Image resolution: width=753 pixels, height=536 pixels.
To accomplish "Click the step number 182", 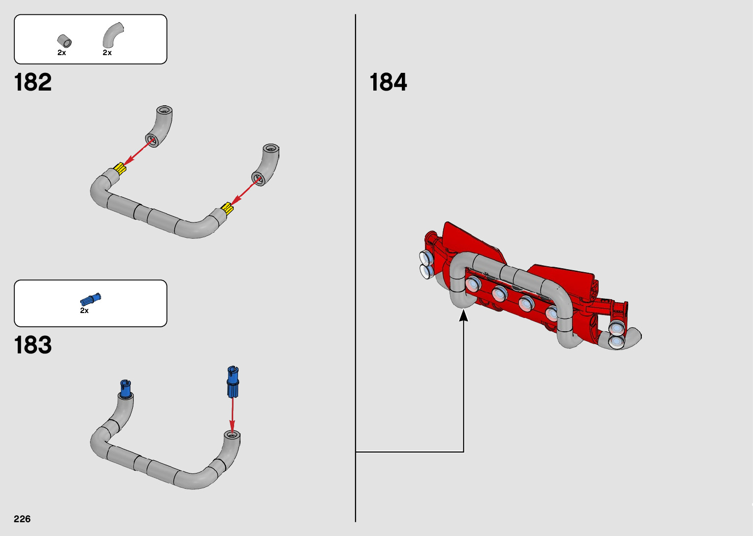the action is coord(33,82).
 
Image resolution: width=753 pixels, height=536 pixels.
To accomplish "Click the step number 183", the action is coord(33,345).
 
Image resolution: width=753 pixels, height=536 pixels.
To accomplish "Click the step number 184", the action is coord(388,82).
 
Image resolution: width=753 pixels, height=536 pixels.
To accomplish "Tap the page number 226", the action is coord(22,519).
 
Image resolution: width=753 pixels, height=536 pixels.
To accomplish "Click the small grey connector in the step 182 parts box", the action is coord(64,41).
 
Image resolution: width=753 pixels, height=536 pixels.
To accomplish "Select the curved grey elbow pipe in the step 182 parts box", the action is coord(112,35).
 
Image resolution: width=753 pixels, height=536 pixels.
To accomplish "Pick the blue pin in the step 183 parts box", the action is coord(90,299).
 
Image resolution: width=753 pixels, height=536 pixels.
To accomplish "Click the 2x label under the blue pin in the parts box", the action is coord(85,311).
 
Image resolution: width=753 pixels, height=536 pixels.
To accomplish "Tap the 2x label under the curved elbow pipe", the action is coord(107,53).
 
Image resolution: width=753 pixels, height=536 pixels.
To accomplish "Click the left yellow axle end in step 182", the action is coord(120,169).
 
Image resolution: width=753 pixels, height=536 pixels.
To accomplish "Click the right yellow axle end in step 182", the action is coord(227,208).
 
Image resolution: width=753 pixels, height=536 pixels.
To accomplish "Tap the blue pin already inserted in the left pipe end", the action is coord(126,389).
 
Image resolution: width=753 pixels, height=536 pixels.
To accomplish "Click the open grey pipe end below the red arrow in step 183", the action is coord(232,435).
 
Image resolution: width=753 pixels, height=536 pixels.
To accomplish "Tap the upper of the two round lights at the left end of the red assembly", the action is coord(425,257).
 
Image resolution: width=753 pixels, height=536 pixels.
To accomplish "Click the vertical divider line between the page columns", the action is coord(355,246).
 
